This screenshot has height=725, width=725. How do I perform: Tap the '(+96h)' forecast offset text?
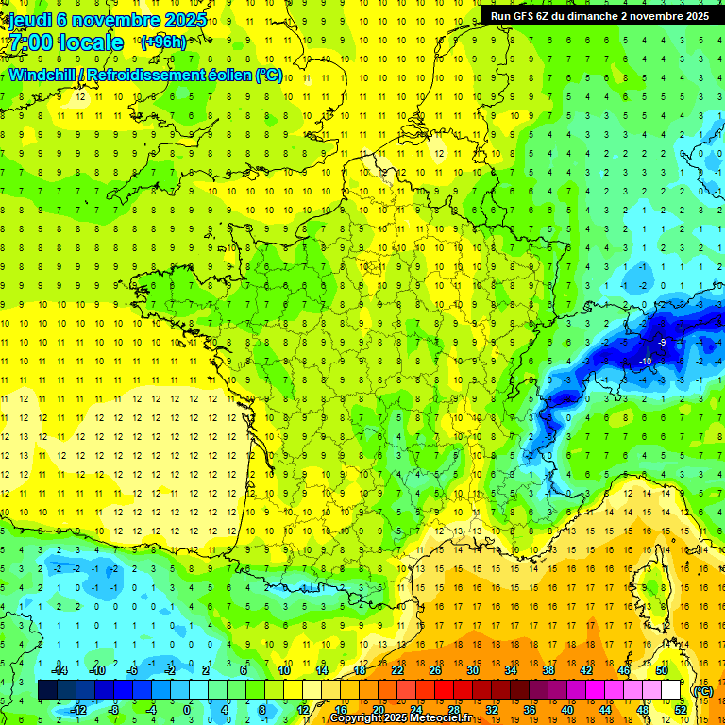pos(163,42)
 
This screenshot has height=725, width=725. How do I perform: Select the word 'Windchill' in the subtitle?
pos(43,75)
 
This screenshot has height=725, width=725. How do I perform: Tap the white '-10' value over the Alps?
pos(646,362)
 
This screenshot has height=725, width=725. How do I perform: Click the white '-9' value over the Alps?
pos(663,342)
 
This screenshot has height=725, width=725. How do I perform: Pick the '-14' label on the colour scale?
pos(59,670)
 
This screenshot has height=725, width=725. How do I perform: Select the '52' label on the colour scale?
pos(681,710)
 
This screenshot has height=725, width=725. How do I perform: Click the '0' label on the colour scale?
pos(186,710)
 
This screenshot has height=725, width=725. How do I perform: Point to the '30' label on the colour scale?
pos(472,670)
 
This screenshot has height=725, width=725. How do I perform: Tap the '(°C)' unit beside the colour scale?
pos(702,691)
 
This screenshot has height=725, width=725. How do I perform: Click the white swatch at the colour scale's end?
pos(671,690)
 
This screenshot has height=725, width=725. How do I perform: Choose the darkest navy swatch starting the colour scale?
pos(47,690)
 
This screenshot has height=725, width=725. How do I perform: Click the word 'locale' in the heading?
pos(91,42)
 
